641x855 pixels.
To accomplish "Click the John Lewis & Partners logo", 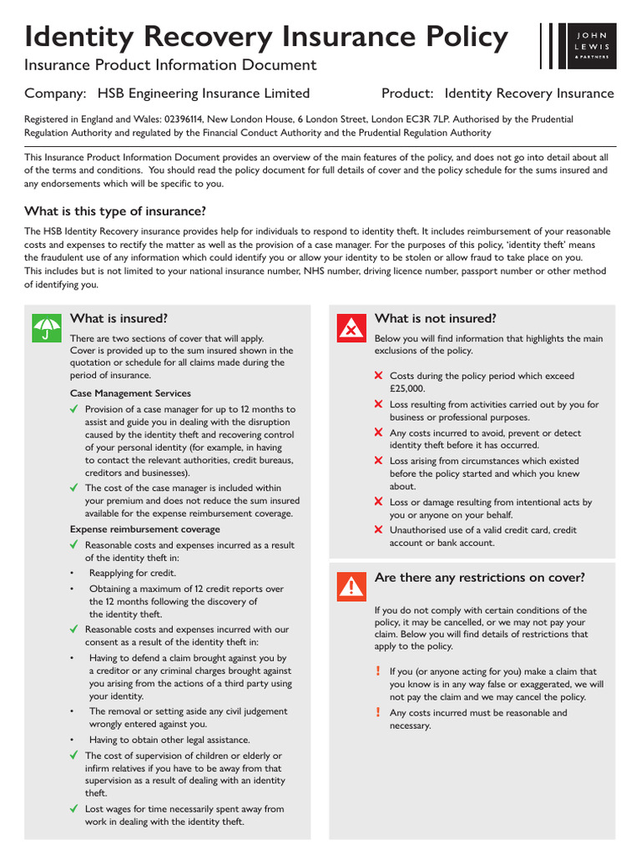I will [x=578, y=46].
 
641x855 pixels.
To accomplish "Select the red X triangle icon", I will [x=352, y=327].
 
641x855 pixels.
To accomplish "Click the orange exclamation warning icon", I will [x=352, y=587].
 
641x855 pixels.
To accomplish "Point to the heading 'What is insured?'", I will [x=119, y=318].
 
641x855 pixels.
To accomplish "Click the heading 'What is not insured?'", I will [x=436, y=318].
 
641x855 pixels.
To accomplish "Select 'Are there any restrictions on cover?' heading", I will [x=480, y=578].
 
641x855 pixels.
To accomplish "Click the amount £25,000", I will [x=407, y=389].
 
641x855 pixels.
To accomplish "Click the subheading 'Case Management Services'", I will [x=130, y=393].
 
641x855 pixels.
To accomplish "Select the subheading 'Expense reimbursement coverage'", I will [x=145, y=529].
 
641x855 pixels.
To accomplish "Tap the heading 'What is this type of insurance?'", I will [x=115, y=210].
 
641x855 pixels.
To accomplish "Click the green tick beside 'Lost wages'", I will [x=75, y=808].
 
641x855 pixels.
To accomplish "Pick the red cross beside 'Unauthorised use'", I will [x=379, y=529].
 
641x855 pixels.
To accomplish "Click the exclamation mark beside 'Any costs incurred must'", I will [x=378, y=712].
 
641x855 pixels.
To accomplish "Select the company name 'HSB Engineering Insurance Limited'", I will [x=204, y=94].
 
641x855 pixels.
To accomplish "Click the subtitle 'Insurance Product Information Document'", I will [x=170, y=65].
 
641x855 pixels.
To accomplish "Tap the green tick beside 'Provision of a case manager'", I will [x=75, y=409].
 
